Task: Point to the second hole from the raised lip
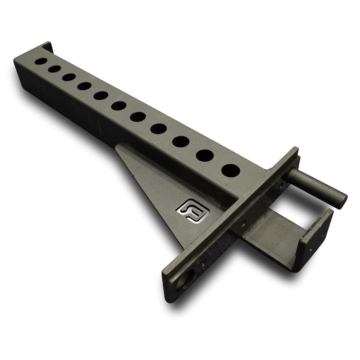54,69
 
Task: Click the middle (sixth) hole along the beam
118,106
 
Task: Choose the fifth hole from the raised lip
100,96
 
